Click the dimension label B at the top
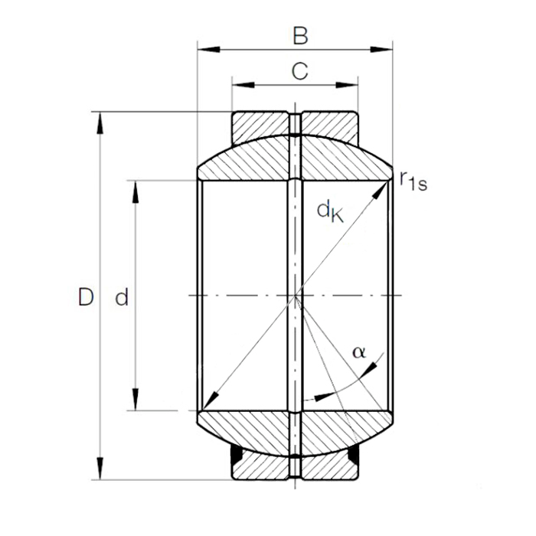(x=300, y=35)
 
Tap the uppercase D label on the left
(x=86, y=297)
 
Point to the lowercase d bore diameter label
(x=121, y=298)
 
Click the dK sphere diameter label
(x=331, y=211)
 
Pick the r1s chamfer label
(x=413, y=180)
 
